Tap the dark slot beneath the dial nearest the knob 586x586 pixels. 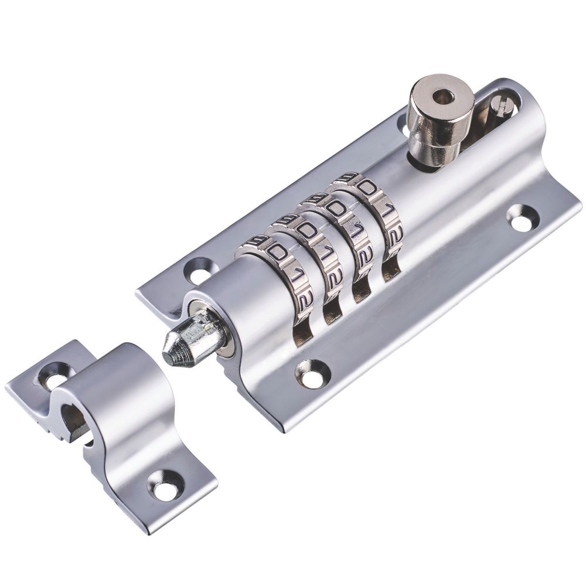(x=390, y=267)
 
